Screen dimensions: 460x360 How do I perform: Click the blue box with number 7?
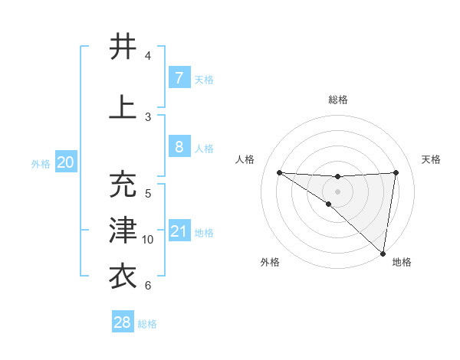coord(179,78)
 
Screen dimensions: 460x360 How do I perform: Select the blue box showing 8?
coord(179,147)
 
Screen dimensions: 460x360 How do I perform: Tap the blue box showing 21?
coord(179,231)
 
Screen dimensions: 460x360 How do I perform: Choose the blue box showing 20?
coord(66,162)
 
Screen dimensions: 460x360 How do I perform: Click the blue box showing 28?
coord(123,322)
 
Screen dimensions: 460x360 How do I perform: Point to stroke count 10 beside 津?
coord(149,240)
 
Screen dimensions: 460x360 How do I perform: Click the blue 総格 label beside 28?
coord(147,324)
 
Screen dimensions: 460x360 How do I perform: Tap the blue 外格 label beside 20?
coord(41,164)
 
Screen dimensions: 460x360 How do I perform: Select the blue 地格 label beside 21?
coord(205,233)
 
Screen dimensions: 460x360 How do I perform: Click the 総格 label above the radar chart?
coord(337,100)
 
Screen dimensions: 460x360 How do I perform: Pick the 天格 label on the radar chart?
coord(432,159)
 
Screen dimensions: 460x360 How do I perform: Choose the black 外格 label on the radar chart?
coord(270,262)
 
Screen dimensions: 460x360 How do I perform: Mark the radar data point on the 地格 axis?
coord(383,253)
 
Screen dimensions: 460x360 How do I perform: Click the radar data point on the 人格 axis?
coord(279,172)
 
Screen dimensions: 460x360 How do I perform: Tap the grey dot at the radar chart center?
coord(337,190)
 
